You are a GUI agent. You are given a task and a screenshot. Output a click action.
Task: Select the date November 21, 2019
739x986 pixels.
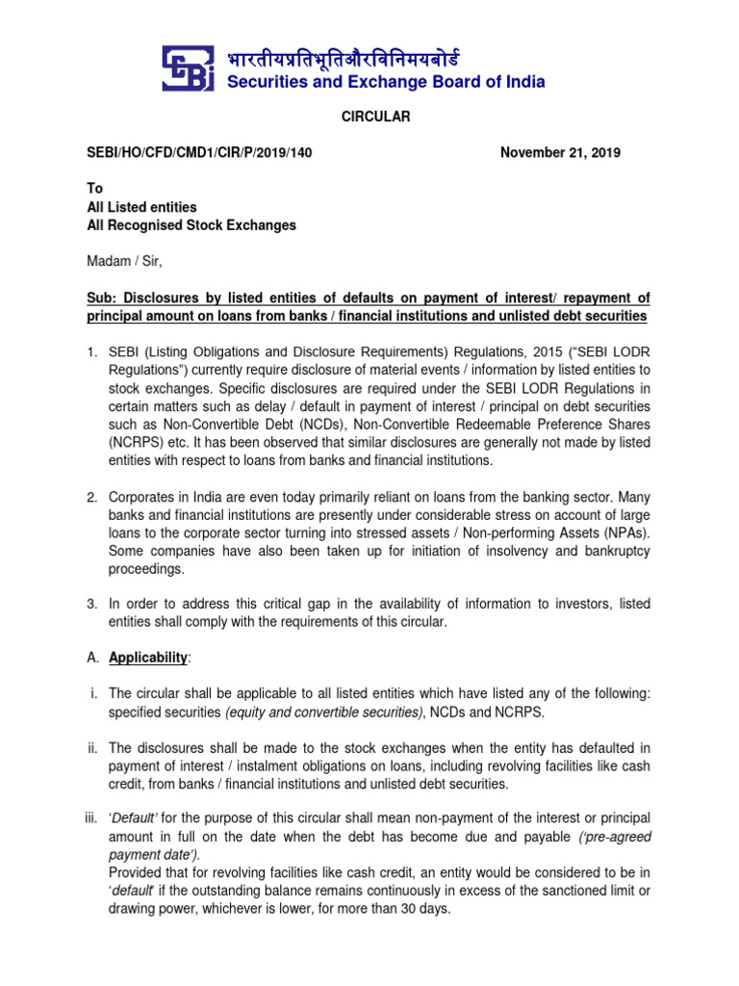[561, 152]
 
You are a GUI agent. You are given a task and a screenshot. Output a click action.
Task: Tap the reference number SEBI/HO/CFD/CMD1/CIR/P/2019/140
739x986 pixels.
[199, 152]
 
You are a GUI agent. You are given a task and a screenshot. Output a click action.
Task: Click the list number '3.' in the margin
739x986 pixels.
[92, 604]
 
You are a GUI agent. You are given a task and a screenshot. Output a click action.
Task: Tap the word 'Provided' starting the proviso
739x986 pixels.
[135, 872]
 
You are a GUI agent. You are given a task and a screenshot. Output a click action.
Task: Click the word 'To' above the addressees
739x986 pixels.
[95, 189]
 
